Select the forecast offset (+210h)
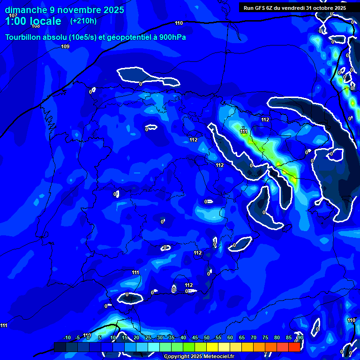[x=83, y=21]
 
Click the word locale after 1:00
[x=45, y=21]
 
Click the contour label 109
[x=65, y=46]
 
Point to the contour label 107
[x=13, y=15]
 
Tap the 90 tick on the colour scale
[x=300, y=338]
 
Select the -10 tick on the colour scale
[x=67, y=338]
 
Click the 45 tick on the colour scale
[x=195, y=338]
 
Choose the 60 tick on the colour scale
[x=230, y=338]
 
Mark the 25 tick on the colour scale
[x=148, y=338]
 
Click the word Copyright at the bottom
[x=177, y=357]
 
